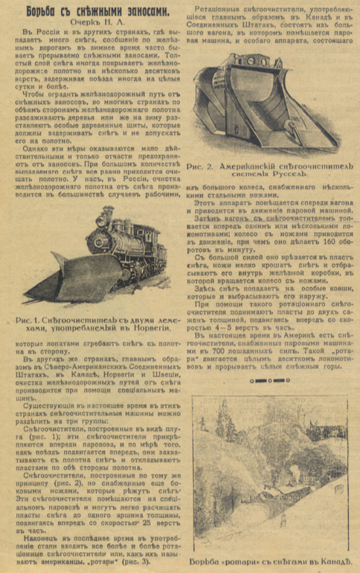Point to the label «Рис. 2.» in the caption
click(204, 168)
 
